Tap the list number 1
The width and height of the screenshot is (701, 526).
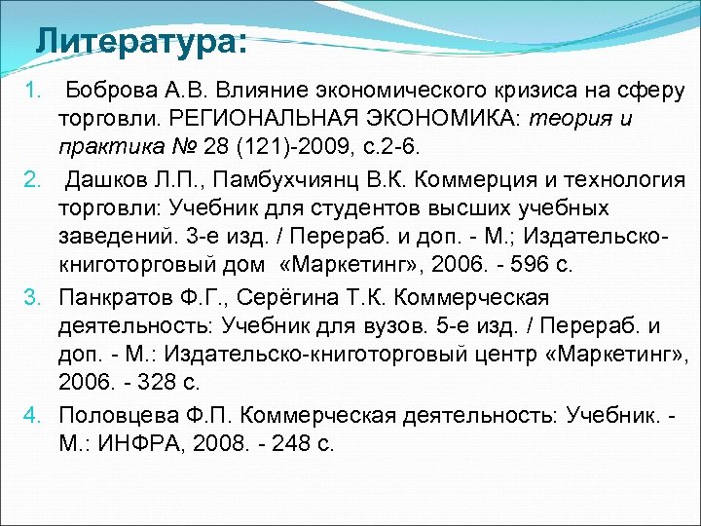31,91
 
